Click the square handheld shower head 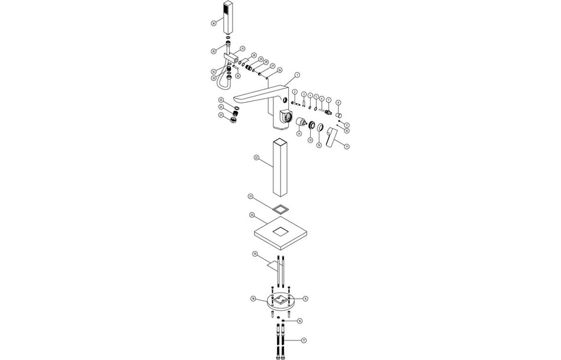coord(227,18)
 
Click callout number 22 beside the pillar coord(256,158)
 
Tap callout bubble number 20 coord(252,215)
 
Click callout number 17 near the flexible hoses coord(304,341)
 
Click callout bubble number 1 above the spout coord(298,75)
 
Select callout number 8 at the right coord(338,102)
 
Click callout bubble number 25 coord(221,100)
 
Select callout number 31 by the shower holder coord(242,48)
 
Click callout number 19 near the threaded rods coord(255,254)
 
